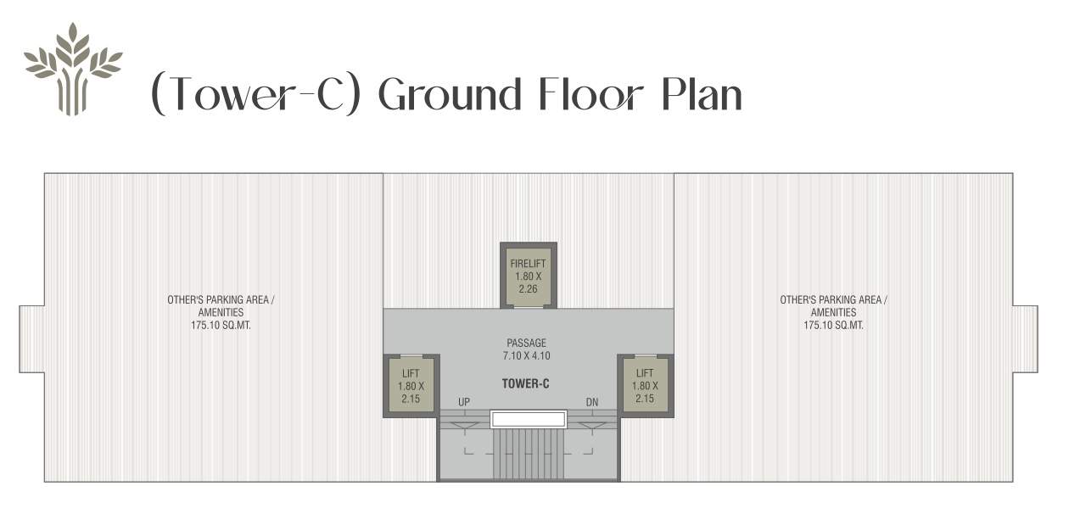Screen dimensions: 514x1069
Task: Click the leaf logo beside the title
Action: click(x=73, y=69)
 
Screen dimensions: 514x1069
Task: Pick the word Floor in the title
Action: click(x=593, y=94)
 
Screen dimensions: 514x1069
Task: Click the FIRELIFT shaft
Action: click(x=529, y=275)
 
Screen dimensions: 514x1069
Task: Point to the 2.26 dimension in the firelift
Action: click(x=529, y=288)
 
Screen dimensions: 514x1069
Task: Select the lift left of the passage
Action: click(x=411, y=385)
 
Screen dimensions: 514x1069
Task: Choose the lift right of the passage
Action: click(x=645, y=385)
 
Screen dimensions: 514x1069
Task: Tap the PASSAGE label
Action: click(x=526, y=344)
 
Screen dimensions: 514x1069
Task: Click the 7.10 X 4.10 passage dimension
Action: click(x=526, y=356)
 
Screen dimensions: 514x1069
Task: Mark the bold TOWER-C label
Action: click(x=526, y=383)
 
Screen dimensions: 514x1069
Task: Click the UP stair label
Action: click(x=464, y=402)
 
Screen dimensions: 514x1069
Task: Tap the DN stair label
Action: click(x=592, y=402)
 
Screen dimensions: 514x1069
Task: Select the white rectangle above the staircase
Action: click(x=529, y=418)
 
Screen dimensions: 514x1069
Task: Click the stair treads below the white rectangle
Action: click(x=529, y=453)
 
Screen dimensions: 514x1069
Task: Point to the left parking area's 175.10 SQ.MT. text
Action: click(x=221, y=325)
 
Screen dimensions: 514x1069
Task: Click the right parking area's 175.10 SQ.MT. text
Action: click(x=833, y=325)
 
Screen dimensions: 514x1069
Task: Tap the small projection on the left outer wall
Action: click(x=31, y=338)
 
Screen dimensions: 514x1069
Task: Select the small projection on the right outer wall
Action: click(x=1025, y=338)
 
